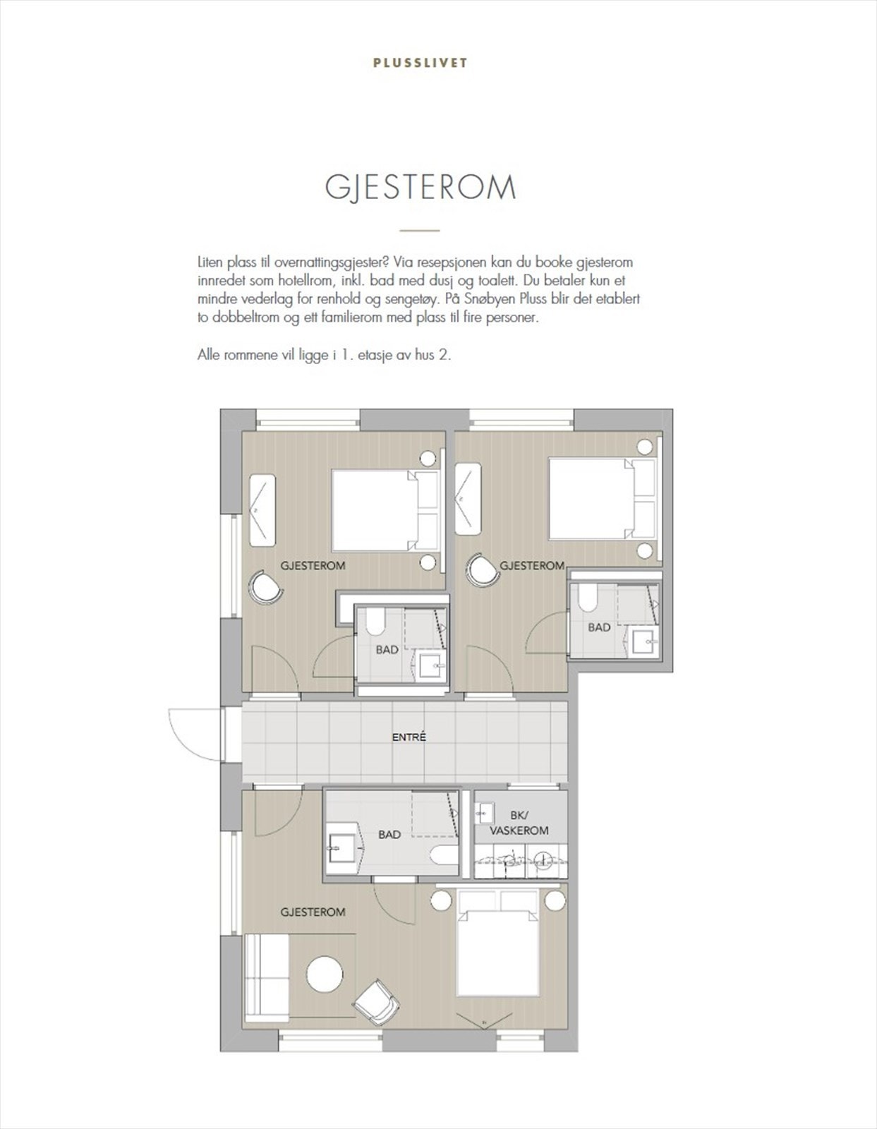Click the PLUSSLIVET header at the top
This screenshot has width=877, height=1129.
click(420, 63)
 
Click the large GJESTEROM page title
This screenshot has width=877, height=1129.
click(421, 187)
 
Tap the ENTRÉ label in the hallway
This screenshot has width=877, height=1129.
click(409, 737)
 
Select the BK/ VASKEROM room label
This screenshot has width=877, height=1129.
click(519, 823)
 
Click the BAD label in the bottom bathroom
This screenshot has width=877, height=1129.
click(389, 835)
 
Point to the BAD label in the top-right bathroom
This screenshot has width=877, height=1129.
click(599, 627)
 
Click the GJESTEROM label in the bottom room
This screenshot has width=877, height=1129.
click(313, 912)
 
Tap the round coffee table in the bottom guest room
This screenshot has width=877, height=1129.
click(325, 974)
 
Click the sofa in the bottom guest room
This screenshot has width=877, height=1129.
click(266, 977)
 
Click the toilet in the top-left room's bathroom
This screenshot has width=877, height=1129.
click(373, 622)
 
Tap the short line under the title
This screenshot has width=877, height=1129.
click(419, 230)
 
